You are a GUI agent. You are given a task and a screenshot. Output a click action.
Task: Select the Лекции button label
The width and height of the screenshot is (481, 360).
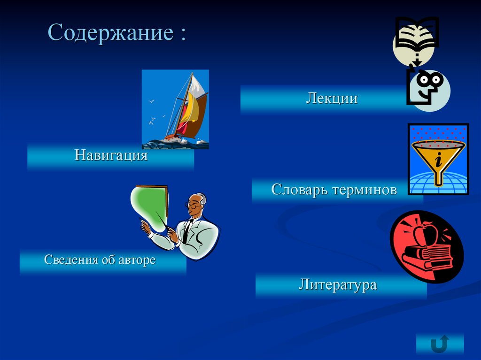332,99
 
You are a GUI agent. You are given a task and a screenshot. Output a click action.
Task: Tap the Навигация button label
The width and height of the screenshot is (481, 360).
111,155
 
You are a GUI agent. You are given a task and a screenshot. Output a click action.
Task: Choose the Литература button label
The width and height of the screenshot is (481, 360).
338,284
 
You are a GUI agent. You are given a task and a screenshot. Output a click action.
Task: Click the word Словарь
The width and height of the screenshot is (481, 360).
299,190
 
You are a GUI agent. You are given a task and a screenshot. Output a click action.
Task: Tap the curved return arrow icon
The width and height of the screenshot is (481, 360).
439,344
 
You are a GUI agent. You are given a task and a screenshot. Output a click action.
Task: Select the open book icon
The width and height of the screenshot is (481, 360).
417,34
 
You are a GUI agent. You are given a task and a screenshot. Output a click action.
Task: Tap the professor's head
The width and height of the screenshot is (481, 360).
197,203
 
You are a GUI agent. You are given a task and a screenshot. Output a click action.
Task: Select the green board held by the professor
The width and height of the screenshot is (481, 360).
149,207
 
